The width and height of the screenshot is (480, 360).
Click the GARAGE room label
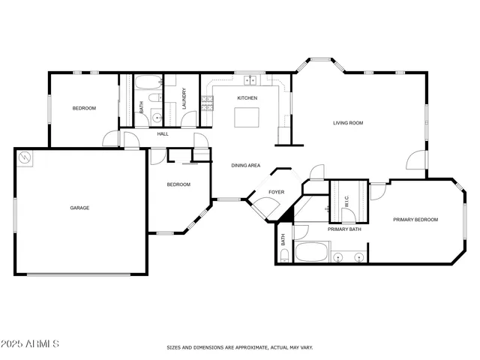click(79, 208)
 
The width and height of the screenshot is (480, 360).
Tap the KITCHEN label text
click(247, 98)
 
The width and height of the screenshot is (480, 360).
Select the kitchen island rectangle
click(247, 118)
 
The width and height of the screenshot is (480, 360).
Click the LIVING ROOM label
click(348, 122)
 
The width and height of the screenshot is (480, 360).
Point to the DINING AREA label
click(245, 165)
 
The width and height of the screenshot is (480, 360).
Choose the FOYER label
click(277, 192)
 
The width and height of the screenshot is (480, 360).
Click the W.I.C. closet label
click(347, 202)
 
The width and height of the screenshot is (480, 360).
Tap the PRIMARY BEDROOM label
click(415, 220)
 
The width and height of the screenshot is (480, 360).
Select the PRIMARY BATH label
click(344, 229)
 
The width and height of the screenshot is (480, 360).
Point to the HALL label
click(162, 134)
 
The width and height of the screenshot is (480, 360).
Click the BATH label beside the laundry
click(142, 107)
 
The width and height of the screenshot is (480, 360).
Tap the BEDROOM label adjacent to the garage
click(178, 184)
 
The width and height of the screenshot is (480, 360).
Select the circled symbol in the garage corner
click(26, 157)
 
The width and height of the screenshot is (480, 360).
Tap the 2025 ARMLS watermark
click(31, 343)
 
